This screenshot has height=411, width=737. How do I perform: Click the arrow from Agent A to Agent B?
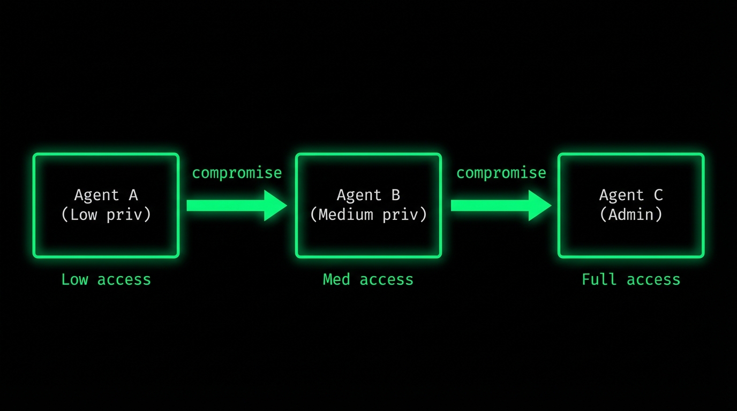[225, 205]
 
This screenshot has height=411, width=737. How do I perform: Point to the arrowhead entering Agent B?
[276, 205]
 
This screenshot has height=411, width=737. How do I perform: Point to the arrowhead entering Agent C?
[540, 205]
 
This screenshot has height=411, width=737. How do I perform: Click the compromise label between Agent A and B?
[237, 173]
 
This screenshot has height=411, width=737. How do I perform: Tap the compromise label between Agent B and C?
[501, 173]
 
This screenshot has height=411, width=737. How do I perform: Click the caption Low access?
[106, 279]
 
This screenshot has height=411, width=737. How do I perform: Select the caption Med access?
[368, 279]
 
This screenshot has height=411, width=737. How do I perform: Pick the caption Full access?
[631, 279]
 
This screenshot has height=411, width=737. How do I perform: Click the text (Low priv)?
[106, 215]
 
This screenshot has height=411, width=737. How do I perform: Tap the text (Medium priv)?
[368, 215]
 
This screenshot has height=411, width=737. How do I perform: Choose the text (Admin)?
[631, 215]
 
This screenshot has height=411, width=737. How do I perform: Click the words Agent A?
[106, 195]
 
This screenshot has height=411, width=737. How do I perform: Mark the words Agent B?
[368, 195]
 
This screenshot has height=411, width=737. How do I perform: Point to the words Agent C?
[631, 195]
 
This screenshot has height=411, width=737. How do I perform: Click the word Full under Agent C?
[599, 279]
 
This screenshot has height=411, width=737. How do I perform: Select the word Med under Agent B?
[336, 279]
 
